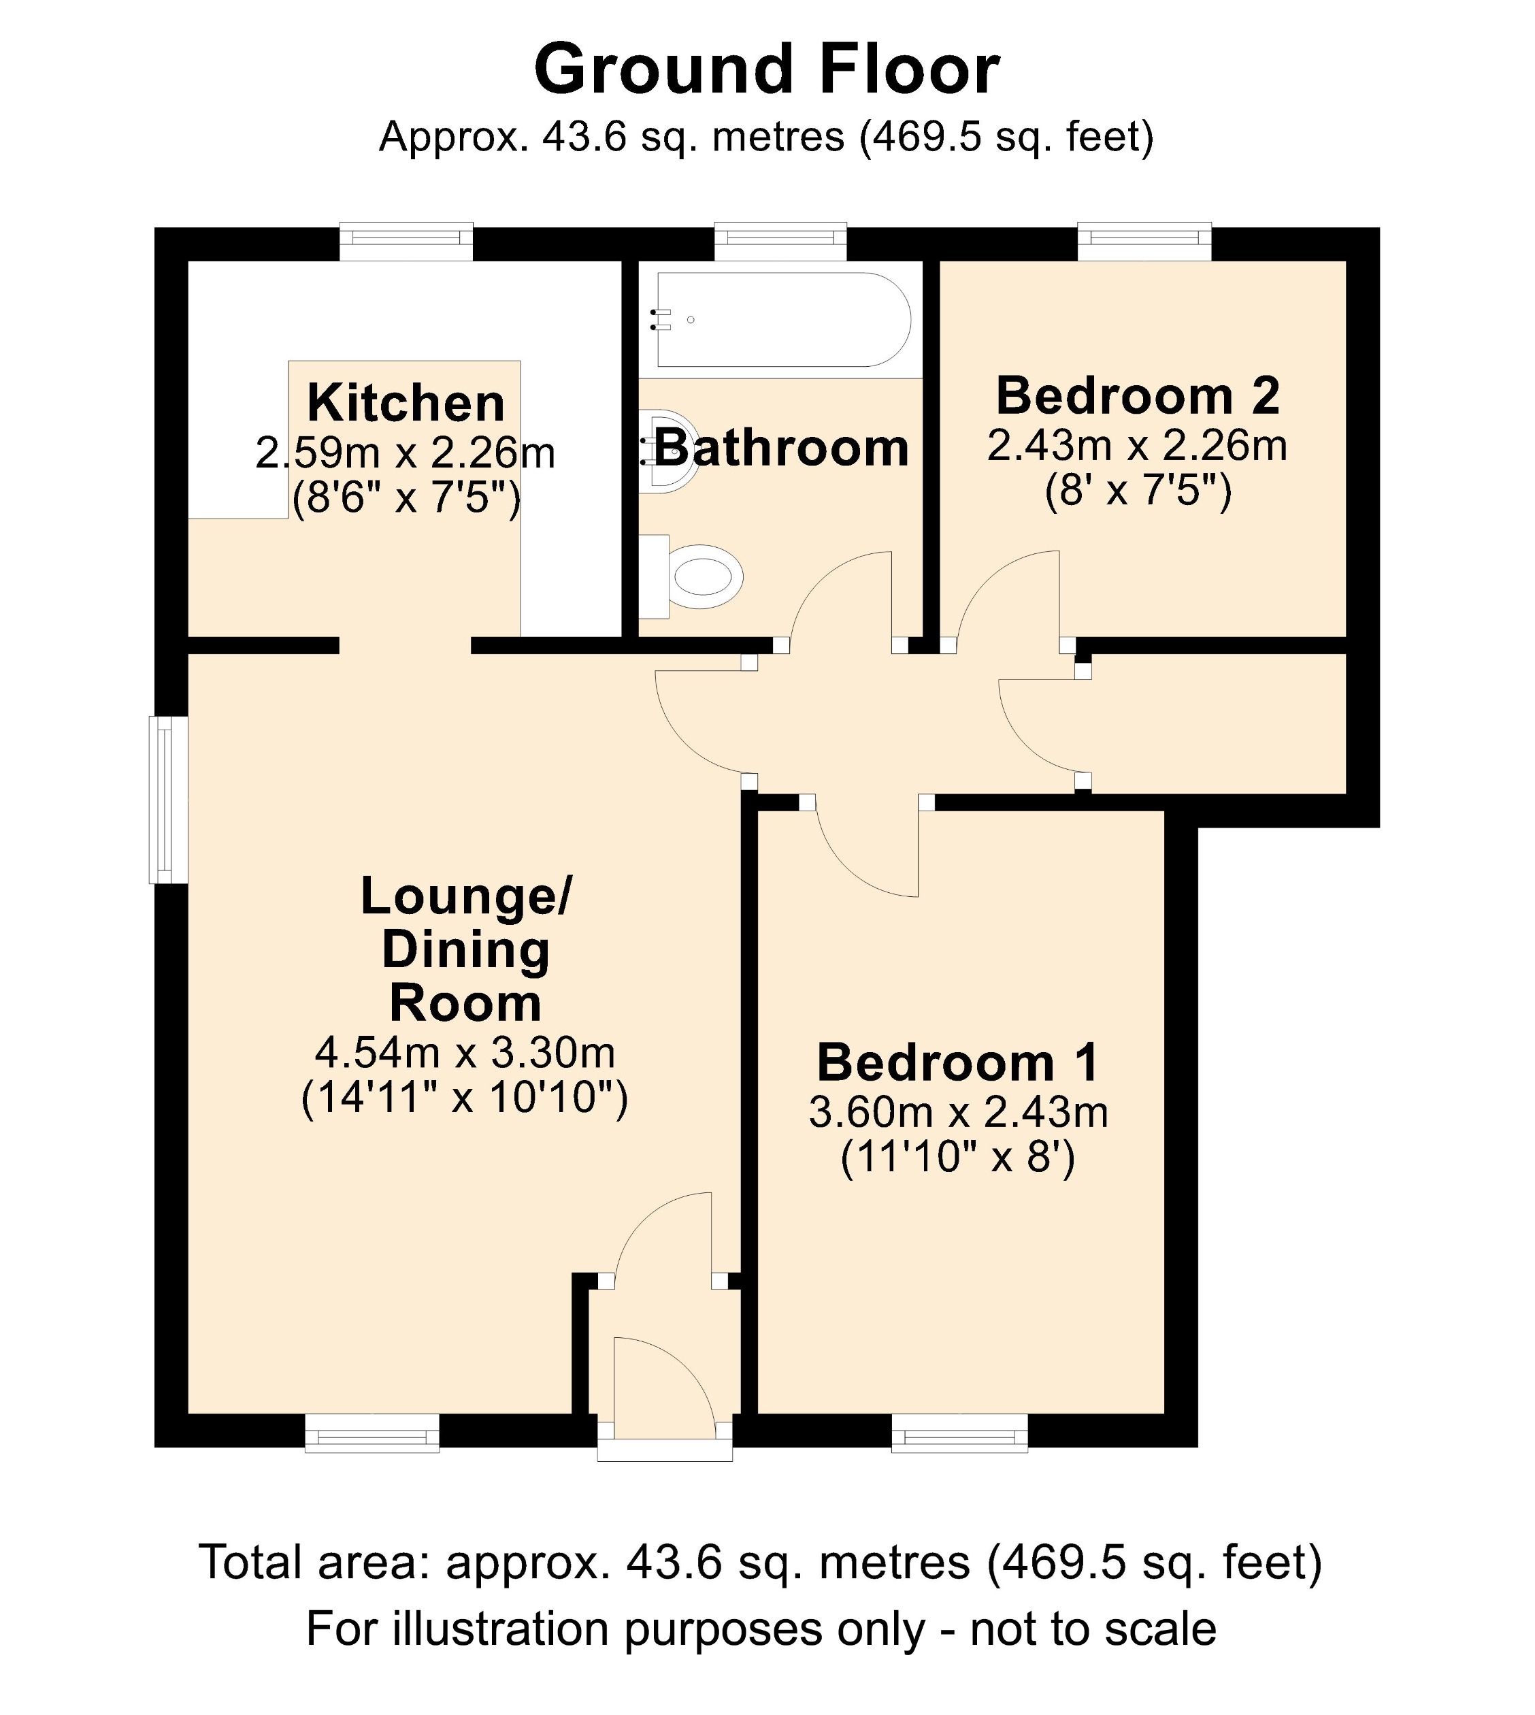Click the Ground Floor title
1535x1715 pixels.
click(x=767, y=69)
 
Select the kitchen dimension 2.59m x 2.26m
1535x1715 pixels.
click(x=406, y=454)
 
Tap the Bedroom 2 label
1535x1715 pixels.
click(x=1138, y=395)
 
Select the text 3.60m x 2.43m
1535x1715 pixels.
click(x=958, y=1112)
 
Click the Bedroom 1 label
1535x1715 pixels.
click(x=958, y=1062)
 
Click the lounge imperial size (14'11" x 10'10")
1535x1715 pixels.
click(x=465, y=1098)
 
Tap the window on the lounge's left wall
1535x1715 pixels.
click(x=168, y=799)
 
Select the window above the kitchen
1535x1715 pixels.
click(x=406, y=242)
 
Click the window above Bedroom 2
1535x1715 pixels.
click(x=1144, y=242)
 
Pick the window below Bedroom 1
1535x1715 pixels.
click(x=960, y=1435)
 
